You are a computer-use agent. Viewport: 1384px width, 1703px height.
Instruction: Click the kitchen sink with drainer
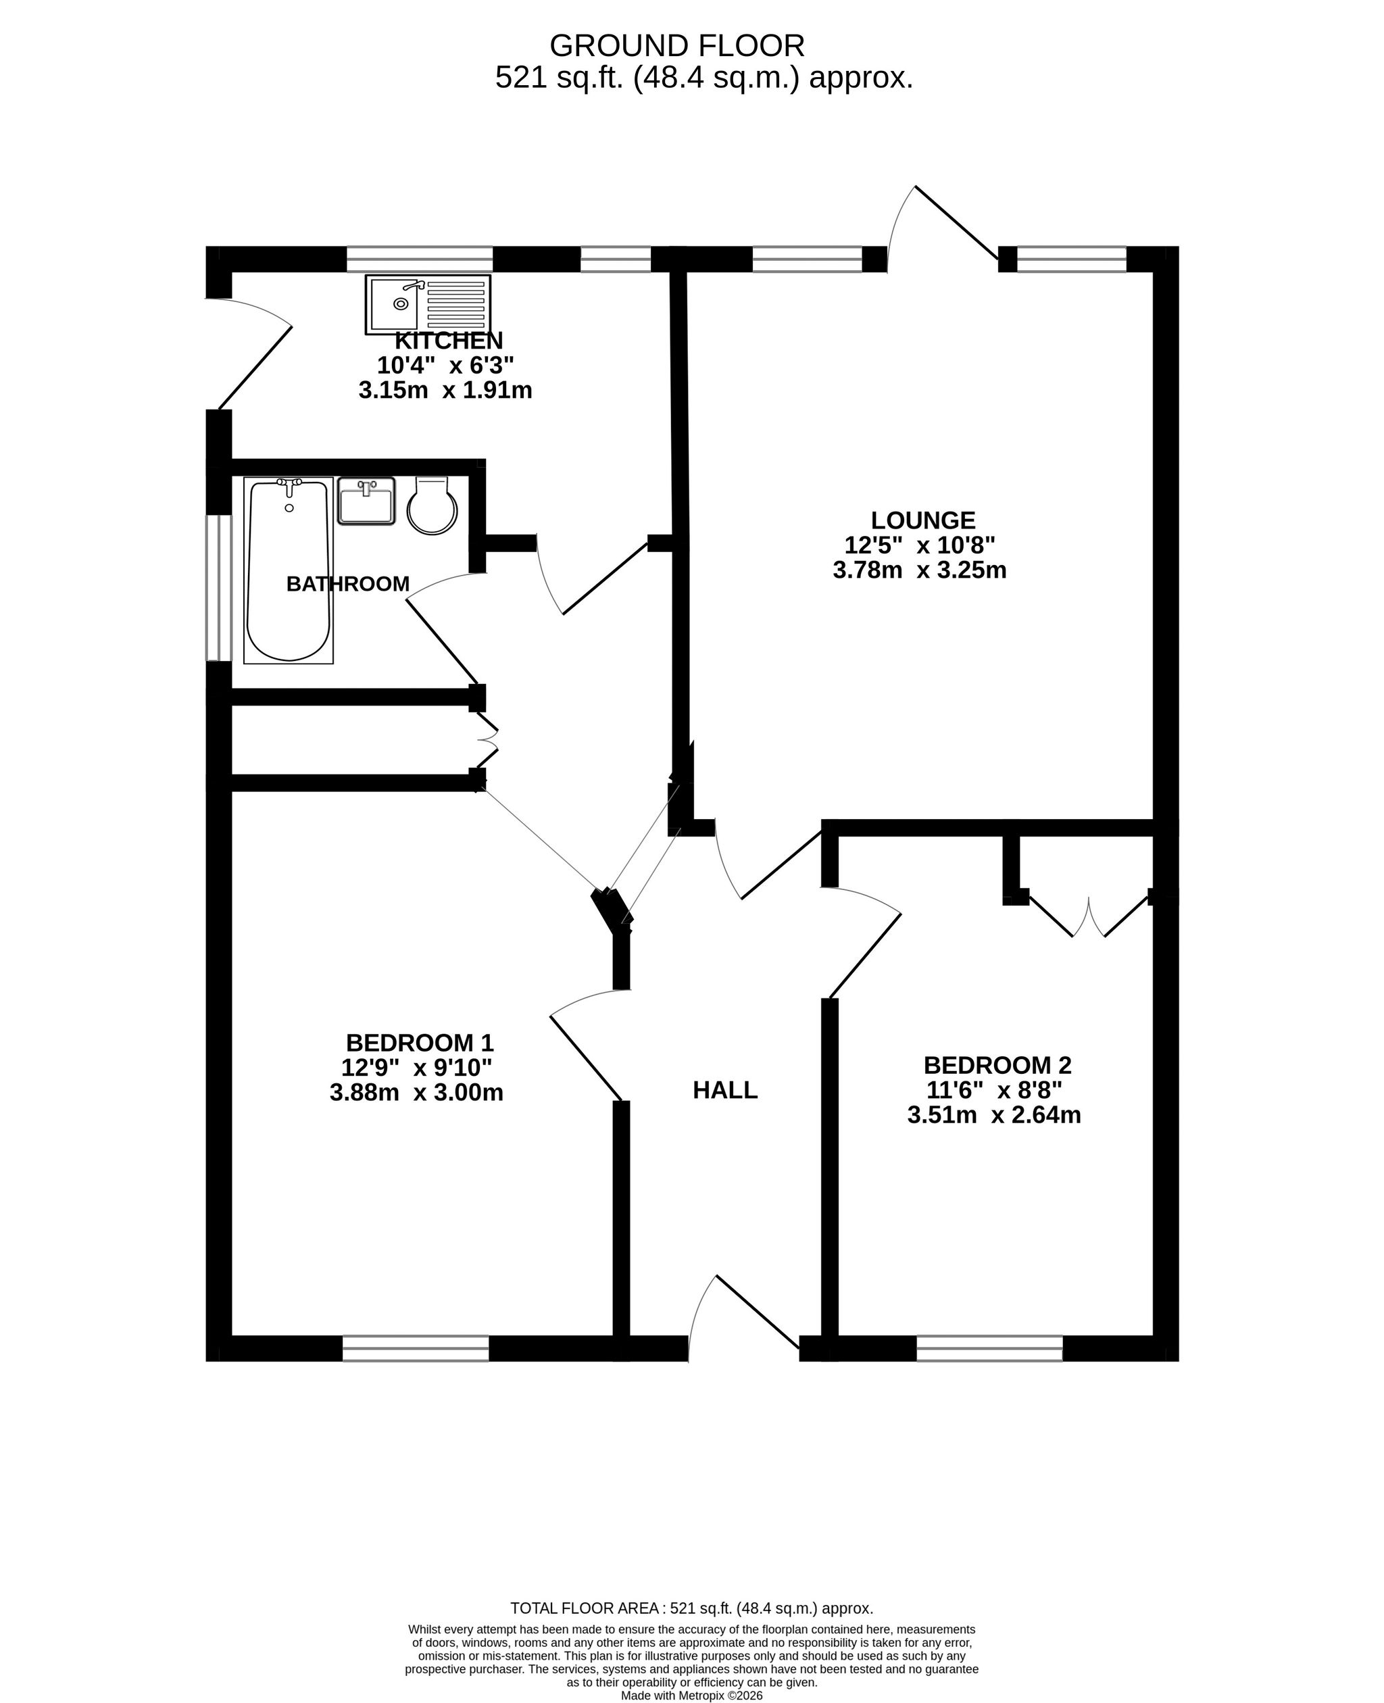click(428, 305)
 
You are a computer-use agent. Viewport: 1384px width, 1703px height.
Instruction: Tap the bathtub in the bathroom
click(289, 571)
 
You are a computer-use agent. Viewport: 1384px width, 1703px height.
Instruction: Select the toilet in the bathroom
click(432, 505)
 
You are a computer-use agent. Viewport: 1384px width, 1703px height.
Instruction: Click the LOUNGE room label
click(923, 520)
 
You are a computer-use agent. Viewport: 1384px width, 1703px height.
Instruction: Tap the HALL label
click(724, 1091)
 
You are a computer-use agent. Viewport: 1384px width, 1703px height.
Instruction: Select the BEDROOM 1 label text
click(420, 1043)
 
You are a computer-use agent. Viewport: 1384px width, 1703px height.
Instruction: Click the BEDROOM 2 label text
click(997, 1065)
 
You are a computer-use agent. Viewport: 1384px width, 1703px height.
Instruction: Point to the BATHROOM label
click(347, 585)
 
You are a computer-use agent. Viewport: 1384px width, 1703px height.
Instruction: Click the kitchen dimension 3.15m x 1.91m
click(445, 391)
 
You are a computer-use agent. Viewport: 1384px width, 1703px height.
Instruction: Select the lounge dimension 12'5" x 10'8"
click(920, 545)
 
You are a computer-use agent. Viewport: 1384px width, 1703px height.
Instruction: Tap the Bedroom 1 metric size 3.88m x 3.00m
click(416, 1092)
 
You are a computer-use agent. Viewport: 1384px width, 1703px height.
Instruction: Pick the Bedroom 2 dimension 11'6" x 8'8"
click(994, 1090)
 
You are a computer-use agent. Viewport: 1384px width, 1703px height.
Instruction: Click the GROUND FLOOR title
click(677, 46)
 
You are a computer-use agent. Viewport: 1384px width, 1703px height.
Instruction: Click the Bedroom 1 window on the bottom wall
click(416, 1348)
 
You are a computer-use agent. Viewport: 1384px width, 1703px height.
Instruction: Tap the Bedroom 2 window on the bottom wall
click(989, 1348)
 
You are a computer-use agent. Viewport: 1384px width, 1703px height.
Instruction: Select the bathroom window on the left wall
click(218, 589)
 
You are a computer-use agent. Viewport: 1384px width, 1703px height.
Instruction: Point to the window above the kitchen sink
click(420, 259)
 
